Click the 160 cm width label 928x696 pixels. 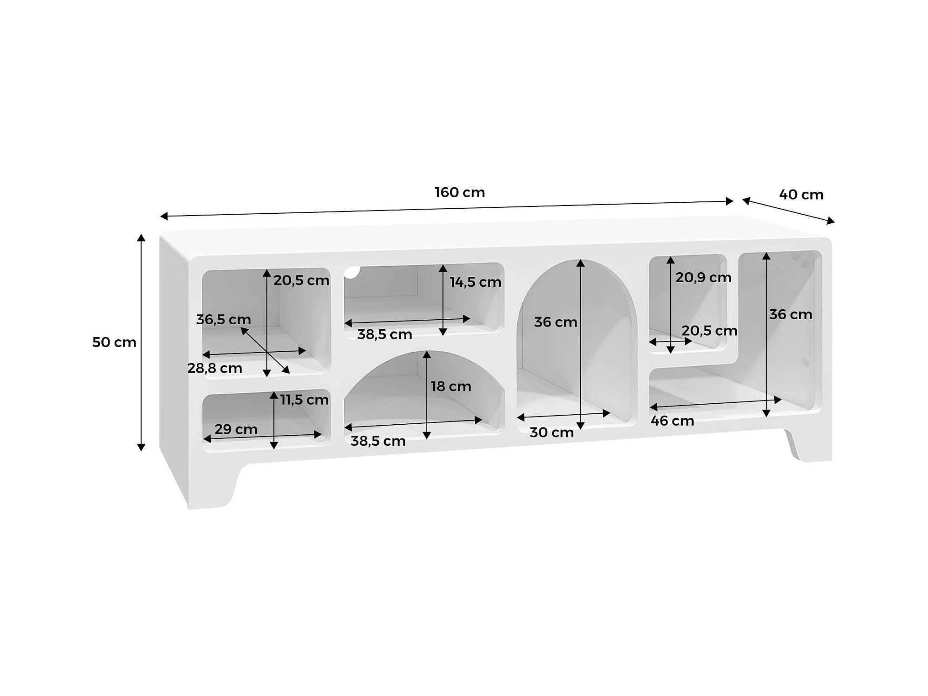[x=460, y=193]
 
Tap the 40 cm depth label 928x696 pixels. [x=801, y=195]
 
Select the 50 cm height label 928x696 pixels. [x=114, y=342]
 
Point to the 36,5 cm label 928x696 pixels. [x=223, y=320]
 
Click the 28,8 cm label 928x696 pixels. [x=215, y=368]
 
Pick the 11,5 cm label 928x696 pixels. [x=304, y=400]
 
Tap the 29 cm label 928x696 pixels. [x=236, y=429]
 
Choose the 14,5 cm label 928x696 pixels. [x=475, y=282]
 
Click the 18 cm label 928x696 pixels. [x=451, y=387]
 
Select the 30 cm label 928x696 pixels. [x=551, y=432]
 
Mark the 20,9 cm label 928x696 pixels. [x=703, y=278]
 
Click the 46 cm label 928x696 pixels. [x=672, y=421]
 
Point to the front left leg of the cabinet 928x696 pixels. [x=210, y=489]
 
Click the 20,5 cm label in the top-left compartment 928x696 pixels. [x=301, y=280]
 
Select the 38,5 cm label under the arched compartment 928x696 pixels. [x=378, y=441]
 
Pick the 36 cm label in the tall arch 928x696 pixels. [x=556, y=322]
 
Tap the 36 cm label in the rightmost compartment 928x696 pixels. [x=791, y=315]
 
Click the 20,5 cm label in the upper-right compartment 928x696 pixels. [x=709, y=331]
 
